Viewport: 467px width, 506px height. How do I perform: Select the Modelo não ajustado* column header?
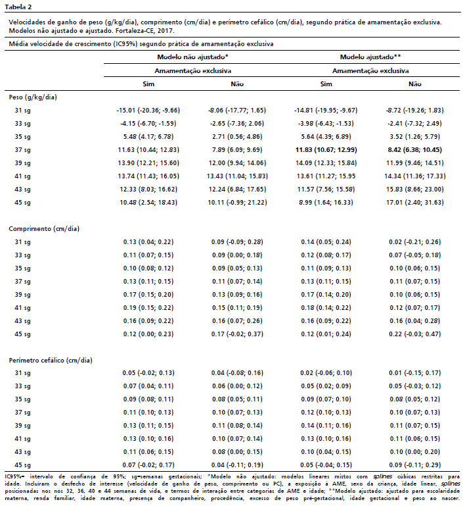coord(187,57)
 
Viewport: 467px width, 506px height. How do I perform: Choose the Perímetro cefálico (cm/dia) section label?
coord(50,360)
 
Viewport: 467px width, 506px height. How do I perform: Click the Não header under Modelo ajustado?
coord(415,84)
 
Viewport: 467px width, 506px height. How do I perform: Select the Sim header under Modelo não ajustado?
coord(148,84)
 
